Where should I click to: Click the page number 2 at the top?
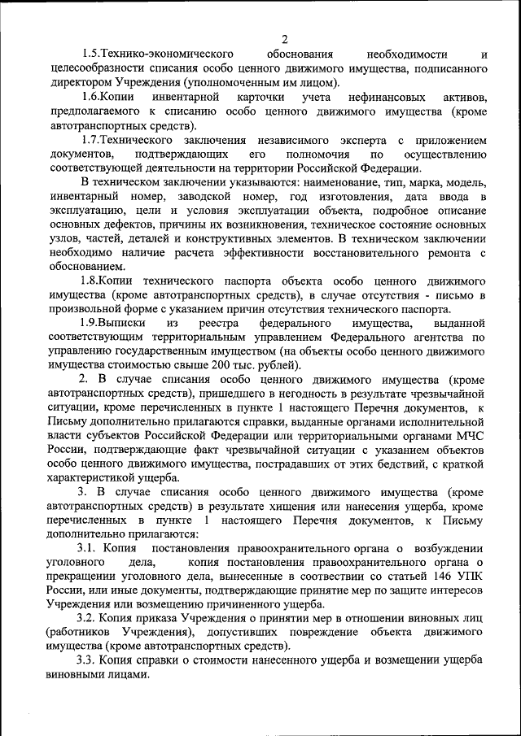point(284,40)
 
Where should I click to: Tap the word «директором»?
point(79,83)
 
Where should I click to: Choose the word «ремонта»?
point(443,253)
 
